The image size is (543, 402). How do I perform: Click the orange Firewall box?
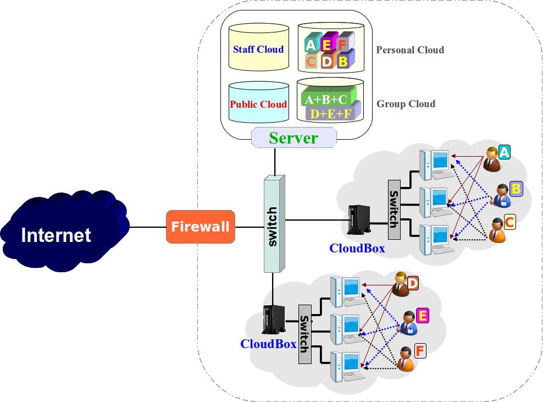[x=200, y=227]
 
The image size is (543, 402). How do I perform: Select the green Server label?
[x=293, y=137]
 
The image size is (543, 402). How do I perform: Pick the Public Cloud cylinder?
[x=258, y=103]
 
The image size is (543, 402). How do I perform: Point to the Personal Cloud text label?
[x=409, y=50]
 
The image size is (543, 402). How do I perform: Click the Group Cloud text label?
[x=406, y=104]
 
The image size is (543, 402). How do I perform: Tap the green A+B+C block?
[x=326, y=99]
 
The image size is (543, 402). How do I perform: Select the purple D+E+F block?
[x=331, y=113]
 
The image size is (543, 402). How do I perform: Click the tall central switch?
[x=274, y=224]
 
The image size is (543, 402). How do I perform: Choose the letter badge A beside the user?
[x=505, y=152]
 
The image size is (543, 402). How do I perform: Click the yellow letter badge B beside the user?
[x=516, y=189]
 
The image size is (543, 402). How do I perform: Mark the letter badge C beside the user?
[x=509, y=222]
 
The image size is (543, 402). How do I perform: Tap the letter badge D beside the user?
[x=413, y=284]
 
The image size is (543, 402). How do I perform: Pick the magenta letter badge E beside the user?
[x=423, y=315]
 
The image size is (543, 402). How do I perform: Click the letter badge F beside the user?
[x=420, y=350]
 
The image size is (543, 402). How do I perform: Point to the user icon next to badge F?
[x=406, y=359]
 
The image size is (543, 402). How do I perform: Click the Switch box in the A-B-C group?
[x=394, y=210]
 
